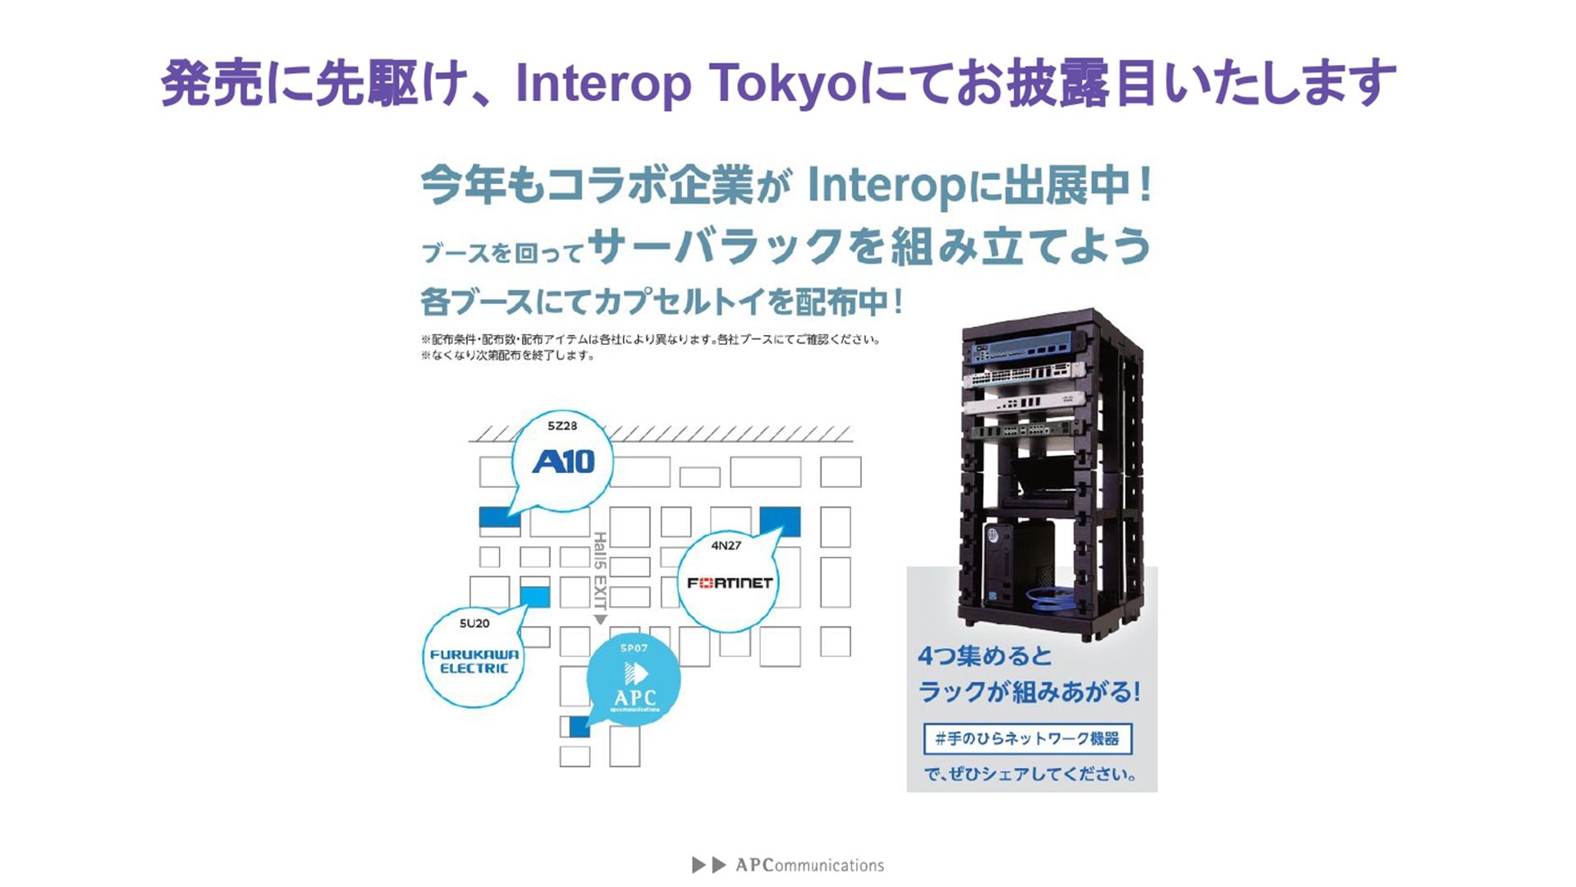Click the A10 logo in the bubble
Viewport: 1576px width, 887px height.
pyautogui.click(x=563, y=462)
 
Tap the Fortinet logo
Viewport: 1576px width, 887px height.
pyautogui.click(x=730, y=583)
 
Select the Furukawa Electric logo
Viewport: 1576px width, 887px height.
pyautogui.click(x=474, y=661)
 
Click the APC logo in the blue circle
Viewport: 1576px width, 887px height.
pyautogui.click(x=635, y=686)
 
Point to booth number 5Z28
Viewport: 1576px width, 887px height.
pyautogui.click(x=562, y=425)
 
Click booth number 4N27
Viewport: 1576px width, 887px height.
pyautogui.click(x=726, y=545)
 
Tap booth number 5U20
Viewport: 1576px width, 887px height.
pyautogui.click(x=474, y=623)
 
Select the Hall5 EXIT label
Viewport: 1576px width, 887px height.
pyautogui.click(x=600, y=570)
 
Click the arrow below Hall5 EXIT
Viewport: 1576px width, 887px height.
pyautogui.click(x=600, y=620)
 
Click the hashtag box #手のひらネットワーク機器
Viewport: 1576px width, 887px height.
pyautogui.click(x=1027, y=738)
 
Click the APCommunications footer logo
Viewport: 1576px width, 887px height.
pyautogui.click(x=788, y=865)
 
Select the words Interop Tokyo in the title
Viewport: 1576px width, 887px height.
pyautogui.click(x=686, y=84)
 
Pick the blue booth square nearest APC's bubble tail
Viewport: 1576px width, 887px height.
pyautogui.click(x=580, y=726)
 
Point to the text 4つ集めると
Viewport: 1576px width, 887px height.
pyautogui.click(x=984, y=656)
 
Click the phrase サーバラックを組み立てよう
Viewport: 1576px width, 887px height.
pyautogui.click(x=869, y=246)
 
